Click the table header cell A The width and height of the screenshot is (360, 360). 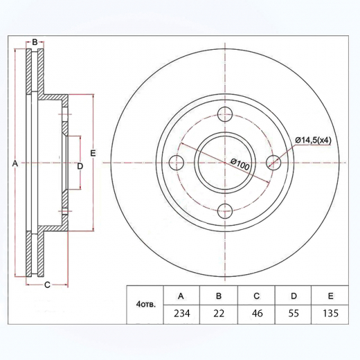(x=181, y=296)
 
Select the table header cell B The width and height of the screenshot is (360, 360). (x=218, y=296)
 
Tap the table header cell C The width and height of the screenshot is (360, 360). (x=255, y=296)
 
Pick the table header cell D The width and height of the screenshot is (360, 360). (x=293, y=296)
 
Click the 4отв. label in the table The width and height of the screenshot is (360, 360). (x=146, y=304)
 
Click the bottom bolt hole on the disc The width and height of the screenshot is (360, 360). (x=224, y=211)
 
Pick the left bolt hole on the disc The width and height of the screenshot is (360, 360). (x=177, y=163)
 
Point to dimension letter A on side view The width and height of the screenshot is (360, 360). (x=14, y=163)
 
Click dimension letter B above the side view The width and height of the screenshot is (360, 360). (x=34, y=43)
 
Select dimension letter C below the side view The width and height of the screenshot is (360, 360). (x=47, y=285)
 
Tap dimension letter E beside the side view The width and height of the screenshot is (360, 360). (x=92, y=152)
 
